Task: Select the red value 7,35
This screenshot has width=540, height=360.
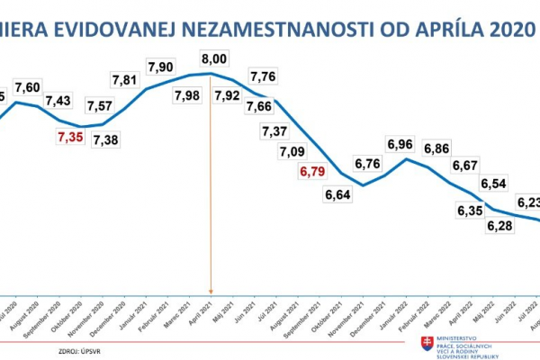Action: coord(68,137)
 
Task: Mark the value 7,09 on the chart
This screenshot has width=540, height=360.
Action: coord(293,150)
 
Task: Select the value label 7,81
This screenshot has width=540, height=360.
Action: coord(126,80)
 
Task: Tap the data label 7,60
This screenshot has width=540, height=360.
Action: coord(27,86)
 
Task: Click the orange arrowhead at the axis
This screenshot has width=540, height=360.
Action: coord(211,289)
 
